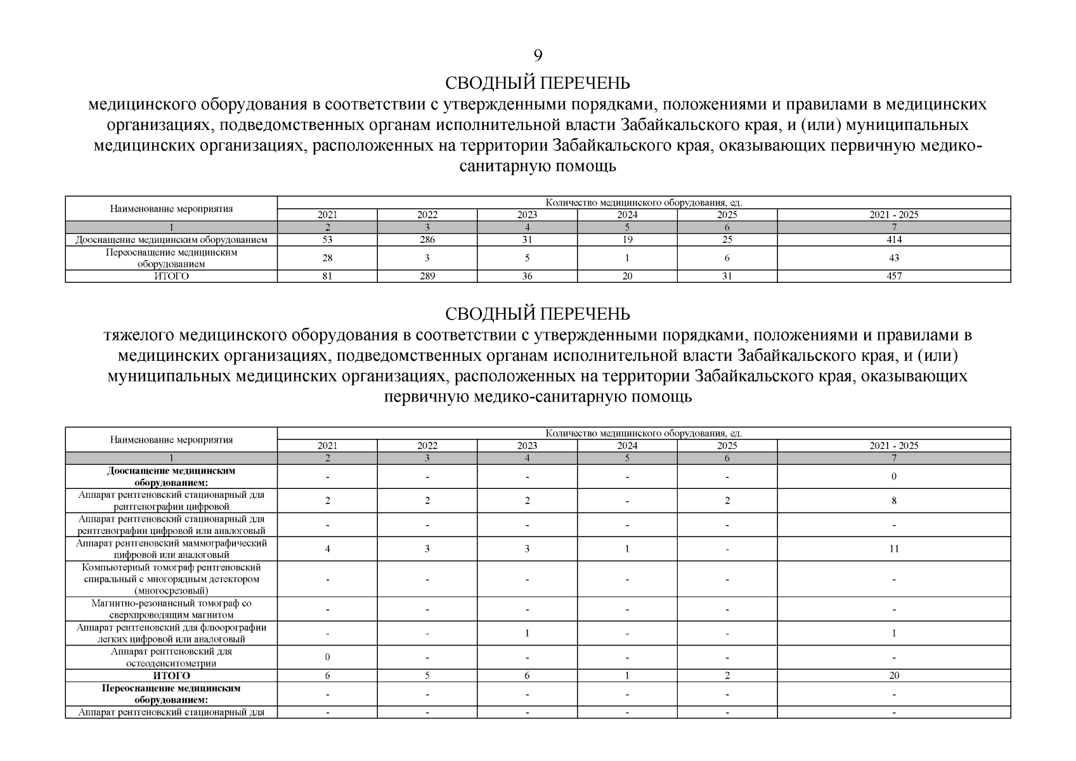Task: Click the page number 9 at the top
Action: point(538,56)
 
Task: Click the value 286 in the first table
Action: point(427,240)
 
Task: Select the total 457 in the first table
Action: point(894,276)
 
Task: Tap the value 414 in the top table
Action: point(894,240)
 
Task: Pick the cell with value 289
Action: point(427,276)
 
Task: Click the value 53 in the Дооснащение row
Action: point(327,240)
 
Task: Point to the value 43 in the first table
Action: point(894,258)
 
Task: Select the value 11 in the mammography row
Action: point(894,549)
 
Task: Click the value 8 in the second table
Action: point(894,500)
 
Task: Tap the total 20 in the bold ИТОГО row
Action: point(894,676)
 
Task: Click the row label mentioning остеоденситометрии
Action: point(171,658)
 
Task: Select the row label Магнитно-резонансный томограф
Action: point(171,609)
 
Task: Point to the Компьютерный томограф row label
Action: point(171,579)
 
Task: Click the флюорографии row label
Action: point(171,634)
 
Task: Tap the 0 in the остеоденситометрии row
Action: point(327,658)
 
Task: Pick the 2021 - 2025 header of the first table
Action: point(894,215)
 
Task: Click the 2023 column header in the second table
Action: point(527,446)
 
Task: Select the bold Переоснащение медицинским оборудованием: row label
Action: point(171,694)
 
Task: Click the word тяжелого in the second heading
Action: point(139,335)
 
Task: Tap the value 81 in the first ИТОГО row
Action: point(327,276)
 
